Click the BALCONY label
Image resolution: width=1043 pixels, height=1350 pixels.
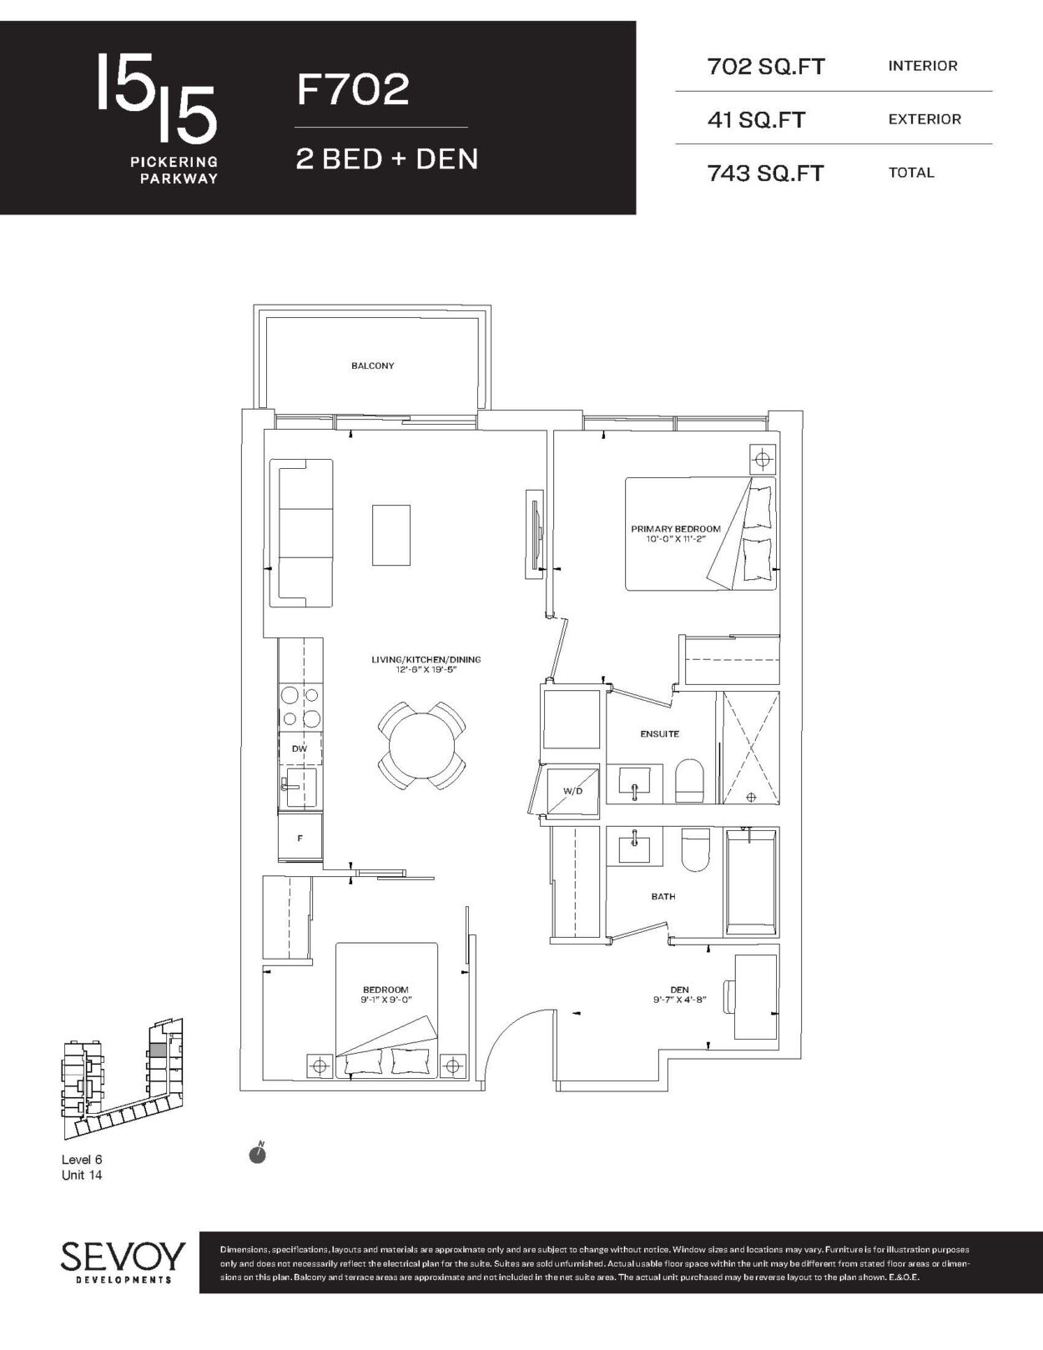click(x=372, y=366)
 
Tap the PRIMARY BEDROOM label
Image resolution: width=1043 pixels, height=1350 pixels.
click(x=676, y=529)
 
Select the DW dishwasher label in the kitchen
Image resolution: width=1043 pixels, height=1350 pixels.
click(x=300, y=748)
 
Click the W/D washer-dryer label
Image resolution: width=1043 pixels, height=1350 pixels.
click(x=572, y=791)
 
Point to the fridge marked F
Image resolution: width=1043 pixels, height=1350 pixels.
click(x=300, y=838)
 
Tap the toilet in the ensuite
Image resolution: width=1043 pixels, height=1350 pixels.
click(x=689, y=780)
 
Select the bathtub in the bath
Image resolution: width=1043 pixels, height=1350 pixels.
click(x=750, y=881)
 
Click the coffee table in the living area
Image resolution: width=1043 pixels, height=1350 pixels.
click(x=391, y=535)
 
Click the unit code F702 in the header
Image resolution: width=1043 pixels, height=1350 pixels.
click(x=352, y=88)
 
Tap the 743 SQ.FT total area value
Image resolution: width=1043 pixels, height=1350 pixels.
click(x=765, y=174)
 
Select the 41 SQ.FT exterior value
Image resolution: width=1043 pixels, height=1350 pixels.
click(x=756, y=119)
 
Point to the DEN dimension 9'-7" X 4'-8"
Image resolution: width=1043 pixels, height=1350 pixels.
click(x=679, y=1000)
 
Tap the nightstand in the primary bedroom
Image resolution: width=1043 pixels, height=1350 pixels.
click(x=763, y=460)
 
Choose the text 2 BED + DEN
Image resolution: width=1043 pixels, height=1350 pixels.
click(x=387, y=159)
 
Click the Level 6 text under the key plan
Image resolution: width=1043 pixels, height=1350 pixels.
click(x=82, y=1159)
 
